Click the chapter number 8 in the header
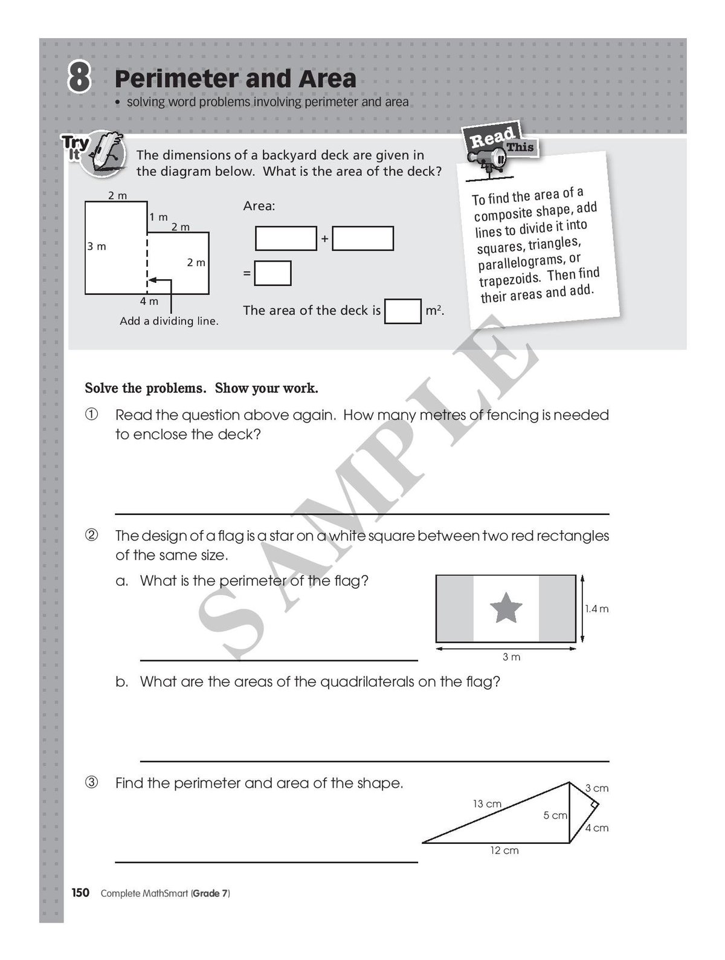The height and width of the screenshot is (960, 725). click(x=79, y=79)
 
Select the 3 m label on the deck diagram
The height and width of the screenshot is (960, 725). click(x=97, y=247)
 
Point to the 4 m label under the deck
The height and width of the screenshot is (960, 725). click(x=149, y=301)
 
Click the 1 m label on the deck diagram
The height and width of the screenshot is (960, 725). click(x=159, y=217)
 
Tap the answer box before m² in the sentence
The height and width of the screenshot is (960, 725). click(x=403, y=311)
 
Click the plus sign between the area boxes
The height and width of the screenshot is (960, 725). click(x=324, y=239)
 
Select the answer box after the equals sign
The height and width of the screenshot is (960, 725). click(x=272, y=273)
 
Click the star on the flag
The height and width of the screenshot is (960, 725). click(x=506, y=608)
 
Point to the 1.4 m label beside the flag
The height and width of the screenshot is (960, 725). click(x=596, y=609)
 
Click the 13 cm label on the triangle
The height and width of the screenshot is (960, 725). click(x=486, y=804)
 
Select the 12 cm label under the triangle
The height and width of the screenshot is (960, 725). click(x=504, y=851)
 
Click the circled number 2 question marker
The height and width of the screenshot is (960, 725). click(x=91, y=536)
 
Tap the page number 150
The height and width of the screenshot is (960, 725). click(x=81, y=893)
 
